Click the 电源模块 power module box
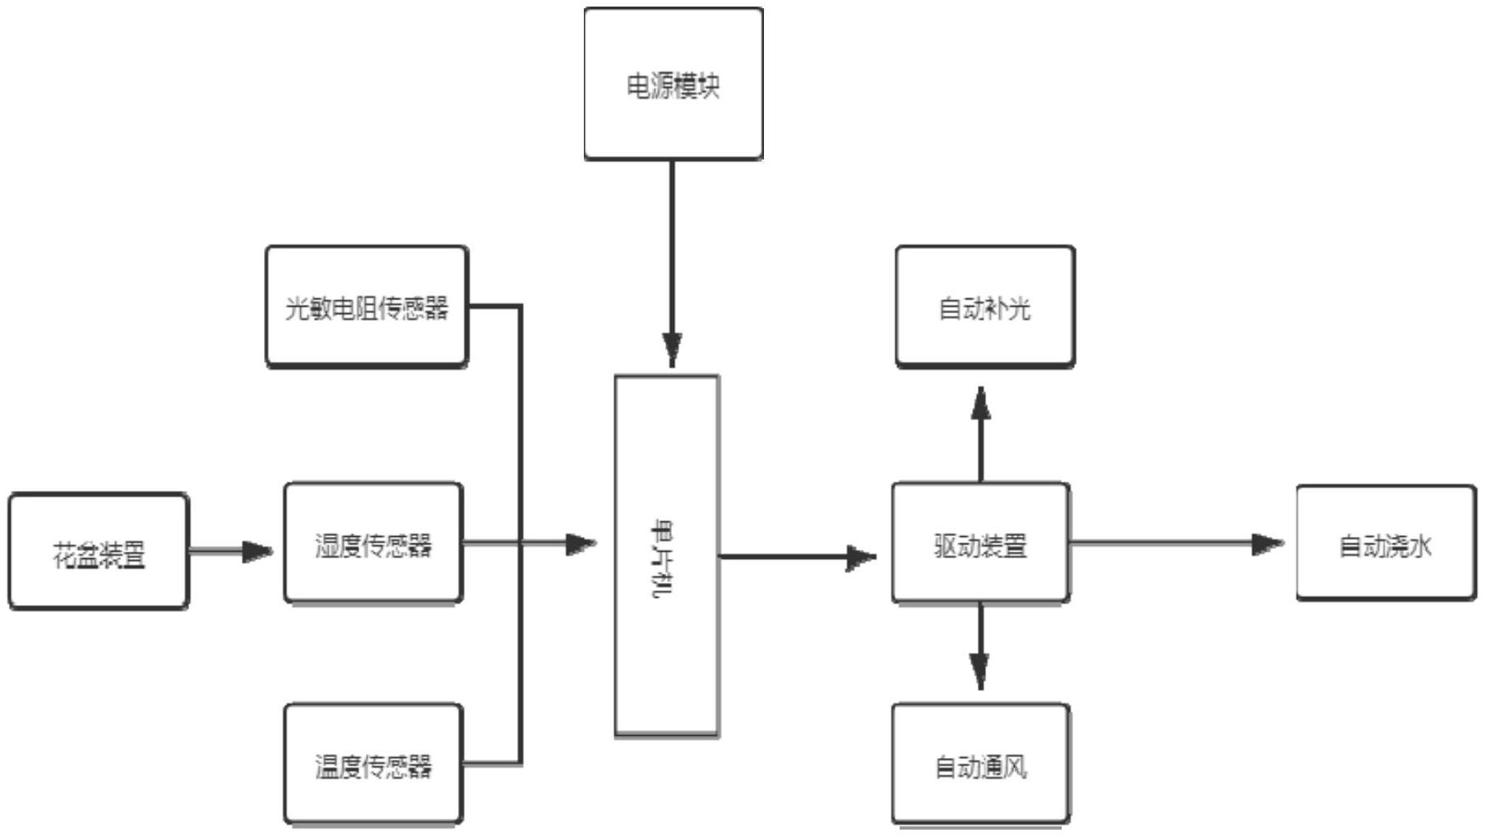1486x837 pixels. (673, 84)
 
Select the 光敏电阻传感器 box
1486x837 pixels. (367, 307)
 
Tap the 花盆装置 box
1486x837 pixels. (99, 552)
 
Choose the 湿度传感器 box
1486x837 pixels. (373, 543)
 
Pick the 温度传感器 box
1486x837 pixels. (373, 765)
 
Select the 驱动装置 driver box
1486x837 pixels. (980, 543)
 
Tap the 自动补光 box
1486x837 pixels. (984, 307)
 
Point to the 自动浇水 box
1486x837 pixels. (1386, 543)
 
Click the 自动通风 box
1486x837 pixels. (980, 765)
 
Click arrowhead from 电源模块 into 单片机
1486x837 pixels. (672, 349)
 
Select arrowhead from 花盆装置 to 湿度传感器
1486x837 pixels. (257, 551)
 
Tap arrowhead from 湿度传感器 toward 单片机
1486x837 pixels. (581, 543)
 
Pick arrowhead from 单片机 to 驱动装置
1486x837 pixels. (860, 557)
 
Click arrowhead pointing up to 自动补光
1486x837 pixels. (980, 403)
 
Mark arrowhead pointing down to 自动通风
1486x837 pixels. (979, 671)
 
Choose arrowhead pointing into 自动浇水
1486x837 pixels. (1266, 543)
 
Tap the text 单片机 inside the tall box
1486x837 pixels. (663, 557)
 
